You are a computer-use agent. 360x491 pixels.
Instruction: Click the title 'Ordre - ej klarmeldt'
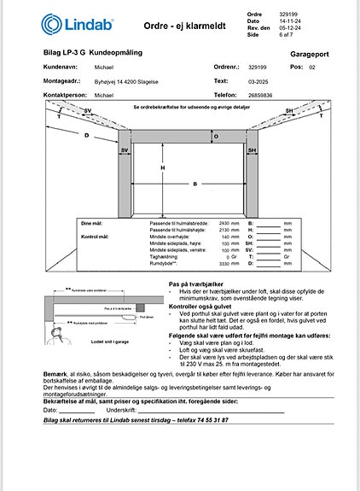(186, 26)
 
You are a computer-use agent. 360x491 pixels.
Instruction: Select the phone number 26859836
(264, 96)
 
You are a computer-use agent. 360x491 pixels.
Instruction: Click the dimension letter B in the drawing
(195, 184)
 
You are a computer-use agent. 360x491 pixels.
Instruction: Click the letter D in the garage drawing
(86, 135)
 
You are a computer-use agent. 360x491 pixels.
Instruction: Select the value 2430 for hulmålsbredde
(224, 222)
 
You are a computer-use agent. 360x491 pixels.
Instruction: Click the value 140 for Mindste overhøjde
(226, 237)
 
